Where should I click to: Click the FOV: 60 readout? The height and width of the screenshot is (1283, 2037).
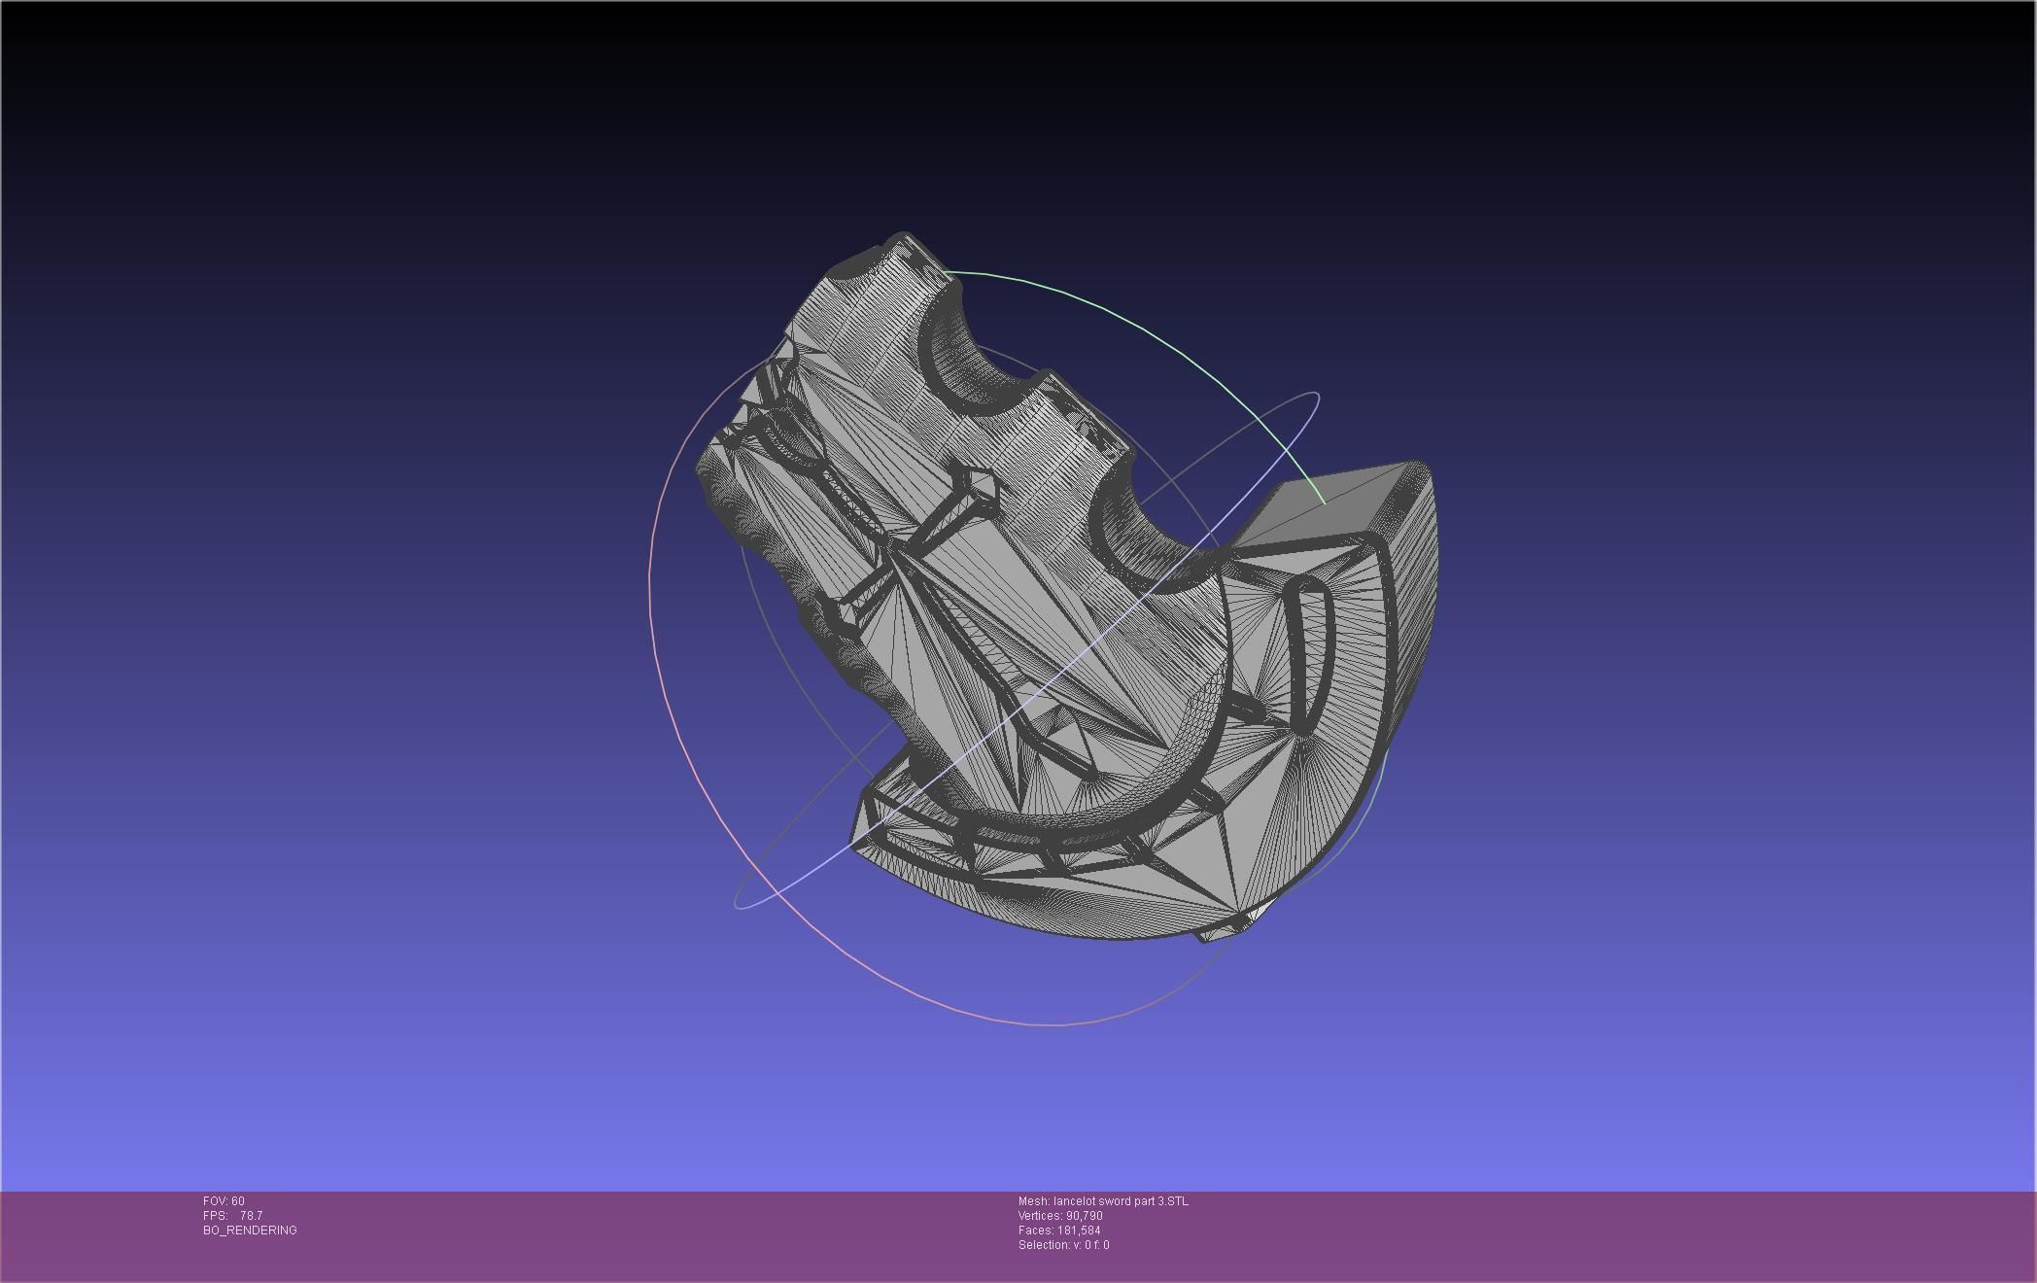[x=224, y=1201]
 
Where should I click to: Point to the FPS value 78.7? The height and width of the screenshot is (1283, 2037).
[x=251, y=1216]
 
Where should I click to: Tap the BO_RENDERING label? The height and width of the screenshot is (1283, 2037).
[x=250, y=1231]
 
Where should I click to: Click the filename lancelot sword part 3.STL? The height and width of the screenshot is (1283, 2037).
[x=1121, y=1201]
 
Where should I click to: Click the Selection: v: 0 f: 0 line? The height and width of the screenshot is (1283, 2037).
[x=1063, y=1245]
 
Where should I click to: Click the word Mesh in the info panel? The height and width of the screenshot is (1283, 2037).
[x=1033, y=1201]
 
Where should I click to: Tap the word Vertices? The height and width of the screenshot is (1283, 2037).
[x=1040, y=1216]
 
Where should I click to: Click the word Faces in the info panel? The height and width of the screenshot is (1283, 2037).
[x=1035, y=1231]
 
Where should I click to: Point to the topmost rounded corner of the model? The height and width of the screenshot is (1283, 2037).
[x=904, y=238]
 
